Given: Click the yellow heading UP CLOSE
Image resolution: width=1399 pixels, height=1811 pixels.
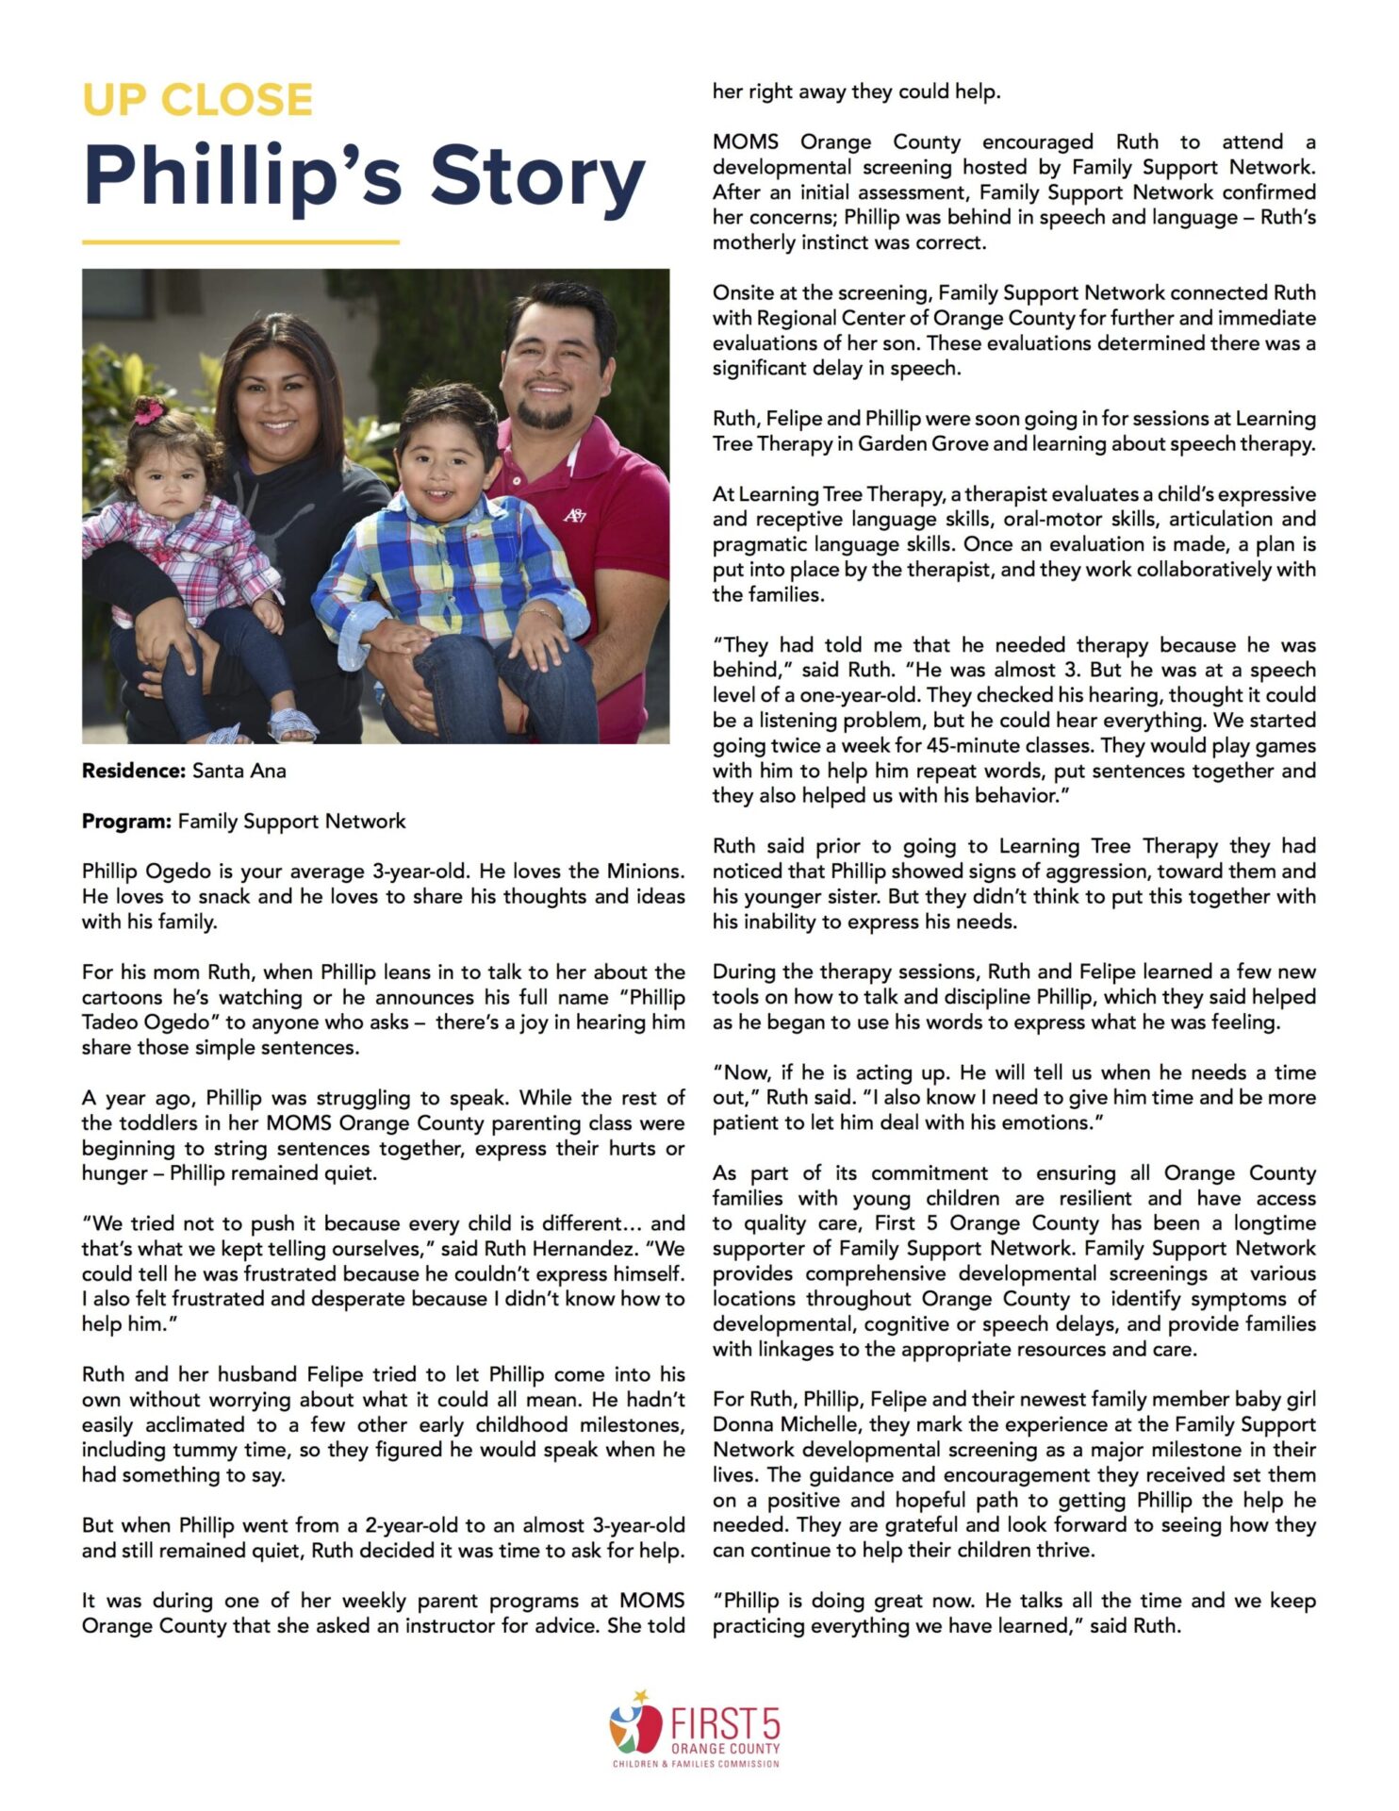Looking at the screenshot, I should click(197, 100).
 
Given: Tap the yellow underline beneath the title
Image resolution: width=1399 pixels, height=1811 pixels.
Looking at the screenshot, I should click(240, 242).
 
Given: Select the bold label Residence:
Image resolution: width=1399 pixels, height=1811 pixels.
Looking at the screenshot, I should click(133, 771).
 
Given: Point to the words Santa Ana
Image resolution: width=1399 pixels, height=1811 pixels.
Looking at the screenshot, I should click(239, 771).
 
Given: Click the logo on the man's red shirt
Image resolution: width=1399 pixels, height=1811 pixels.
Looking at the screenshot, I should click(574, 515).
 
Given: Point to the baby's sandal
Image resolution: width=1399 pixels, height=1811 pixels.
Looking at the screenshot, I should click(292, 723).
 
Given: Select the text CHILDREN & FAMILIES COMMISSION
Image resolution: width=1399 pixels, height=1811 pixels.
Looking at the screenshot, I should click(696, 1764).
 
